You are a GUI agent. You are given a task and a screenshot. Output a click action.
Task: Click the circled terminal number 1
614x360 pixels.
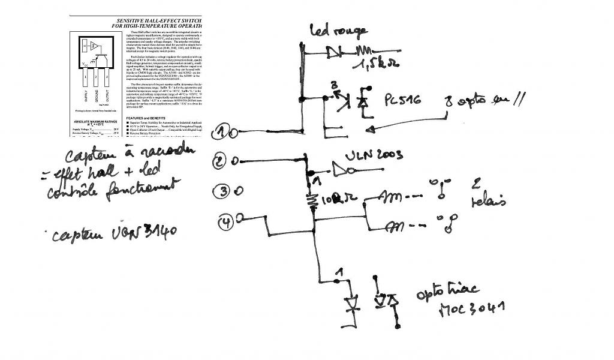click(x=222, y=130)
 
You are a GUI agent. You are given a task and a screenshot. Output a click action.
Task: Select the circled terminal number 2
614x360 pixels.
click(x=221, y=161)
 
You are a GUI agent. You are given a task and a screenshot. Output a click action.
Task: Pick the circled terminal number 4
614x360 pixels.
click(x=224, y=223)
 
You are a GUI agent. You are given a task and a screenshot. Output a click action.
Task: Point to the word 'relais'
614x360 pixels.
click(x=489, y=201)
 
